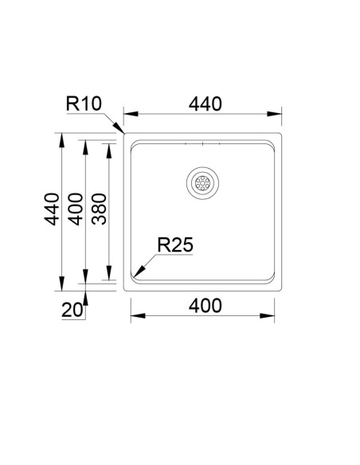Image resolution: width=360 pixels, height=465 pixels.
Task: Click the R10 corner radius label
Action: [84, 104]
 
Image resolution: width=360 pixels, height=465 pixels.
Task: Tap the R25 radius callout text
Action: [175, 244]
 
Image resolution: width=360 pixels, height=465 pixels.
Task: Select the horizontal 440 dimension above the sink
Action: [205, 104]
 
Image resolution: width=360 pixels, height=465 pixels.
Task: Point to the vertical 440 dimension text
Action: [52, 209]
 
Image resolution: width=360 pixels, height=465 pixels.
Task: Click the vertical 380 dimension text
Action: [99, 209]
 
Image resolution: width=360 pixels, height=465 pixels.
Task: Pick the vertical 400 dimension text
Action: [76, 209]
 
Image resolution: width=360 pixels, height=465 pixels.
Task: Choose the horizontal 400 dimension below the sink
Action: [205, 306]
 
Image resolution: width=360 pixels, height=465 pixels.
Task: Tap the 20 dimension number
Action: [72, 311]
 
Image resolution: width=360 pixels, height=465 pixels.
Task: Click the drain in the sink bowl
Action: [202, 182]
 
